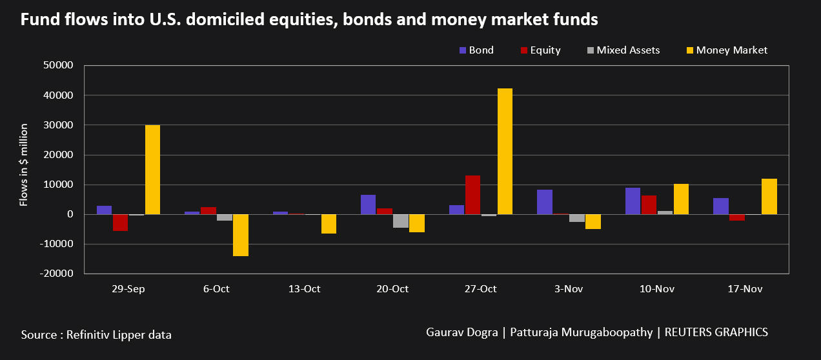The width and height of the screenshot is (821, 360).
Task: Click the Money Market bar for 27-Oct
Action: [x=505, y=151]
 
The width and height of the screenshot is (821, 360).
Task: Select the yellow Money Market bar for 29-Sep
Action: [x=152, y=169]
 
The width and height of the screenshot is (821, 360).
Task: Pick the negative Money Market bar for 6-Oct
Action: [x=241, y=235]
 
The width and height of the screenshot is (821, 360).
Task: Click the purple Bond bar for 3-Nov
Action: [x=545, y=202]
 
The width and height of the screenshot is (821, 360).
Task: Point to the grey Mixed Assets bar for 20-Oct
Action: [x=401, y=221]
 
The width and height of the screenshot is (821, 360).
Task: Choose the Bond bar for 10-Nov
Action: [x=633, y=201]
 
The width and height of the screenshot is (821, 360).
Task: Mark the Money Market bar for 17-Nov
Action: [x=769, y=196]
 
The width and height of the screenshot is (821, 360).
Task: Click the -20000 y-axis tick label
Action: [x=58, y=274]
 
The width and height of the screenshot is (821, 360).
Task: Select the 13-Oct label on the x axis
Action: [x=304, y=289]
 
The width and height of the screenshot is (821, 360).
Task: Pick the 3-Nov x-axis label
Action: [x=569, y=289]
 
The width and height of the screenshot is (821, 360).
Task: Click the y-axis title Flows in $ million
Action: [x=24, y=165]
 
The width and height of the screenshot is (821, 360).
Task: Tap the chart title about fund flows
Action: [x=309, y=20]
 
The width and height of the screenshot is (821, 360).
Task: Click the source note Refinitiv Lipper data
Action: [x=96, y=334]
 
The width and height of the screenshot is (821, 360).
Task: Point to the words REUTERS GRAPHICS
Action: [x=716, y=332]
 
